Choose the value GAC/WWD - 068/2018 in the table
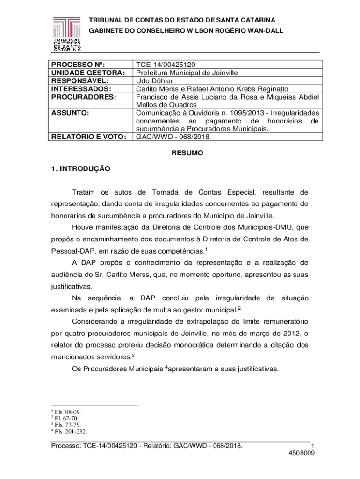coord(173,137)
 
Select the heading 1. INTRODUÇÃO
coord(80,169)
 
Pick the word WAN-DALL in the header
coord(266,30)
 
